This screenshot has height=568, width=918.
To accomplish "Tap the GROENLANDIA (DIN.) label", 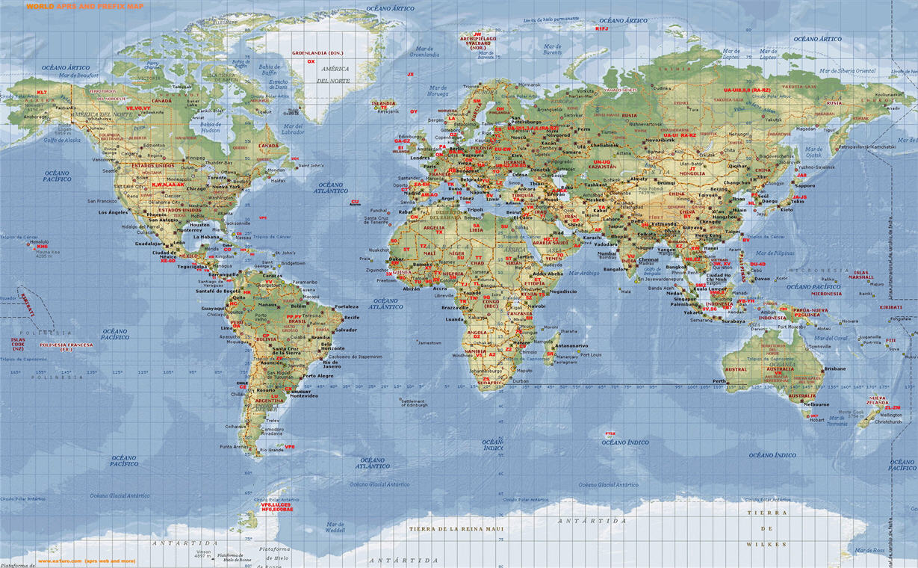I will pyautogui.click(x=317, y=53).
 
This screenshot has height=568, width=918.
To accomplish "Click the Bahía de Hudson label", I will pyautogui.click(x=211, y=127).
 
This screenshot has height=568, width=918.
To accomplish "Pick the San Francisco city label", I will pyautogui.click(x=102, y=201).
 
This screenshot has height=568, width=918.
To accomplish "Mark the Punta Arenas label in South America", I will pyautogui.click(x=233, y=446).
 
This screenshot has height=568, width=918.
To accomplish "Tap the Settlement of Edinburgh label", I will pyautogui.click(x=413, y=403).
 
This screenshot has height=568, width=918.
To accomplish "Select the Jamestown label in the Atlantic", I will pyautogui.click(x=429, y=343).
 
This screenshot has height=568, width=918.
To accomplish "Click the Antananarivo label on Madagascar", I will pyautogui.click(x=571, y=345).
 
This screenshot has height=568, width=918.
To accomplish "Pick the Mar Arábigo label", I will pyautogui.click(x=583, y=273).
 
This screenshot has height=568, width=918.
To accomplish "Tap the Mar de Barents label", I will pyautogui.click(x=552, y=51).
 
